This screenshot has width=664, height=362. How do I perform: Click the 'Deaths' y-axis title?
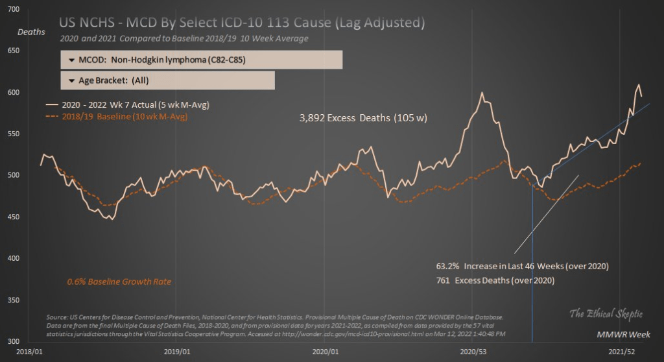tap(31, 32)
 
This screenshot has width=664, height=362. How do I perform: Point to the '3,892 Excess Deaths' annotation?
tap(362, 119)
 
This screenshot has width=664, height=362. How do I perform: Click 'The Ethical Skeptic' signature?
tap(606, 315)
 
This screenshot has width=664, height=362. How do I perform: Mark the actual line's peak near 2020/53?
tap(482, 93)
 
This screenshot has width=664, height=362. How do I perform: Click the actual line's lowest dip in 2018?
tap(113, 219)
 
